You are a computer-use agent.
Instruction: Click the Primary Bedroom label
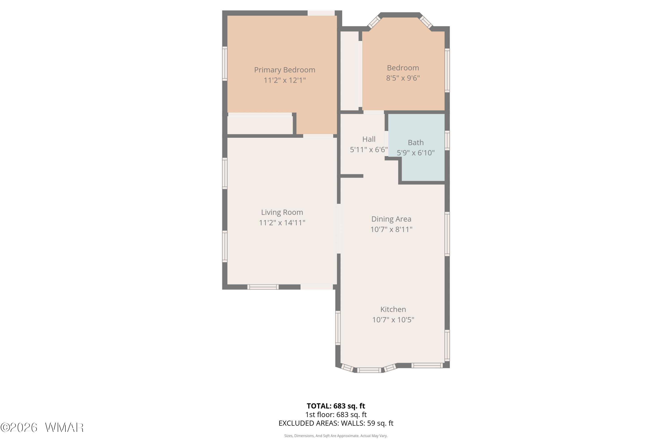coord(284,70)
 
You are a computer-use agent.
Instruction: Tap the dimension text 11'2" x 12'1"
coord(284,80)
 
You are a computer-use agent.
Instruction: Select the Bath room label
coord(416,142)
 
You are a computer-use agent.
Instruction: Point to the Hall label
coord(369,139)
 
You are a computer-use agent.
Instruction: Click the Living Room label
coord(282,212)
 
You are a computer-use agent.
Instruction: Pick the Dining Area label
coord(391,219)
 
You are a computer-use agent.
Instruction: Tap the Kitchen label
coord(393,309)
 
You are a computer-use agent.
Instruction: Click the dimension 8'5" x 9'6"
coord(403,78)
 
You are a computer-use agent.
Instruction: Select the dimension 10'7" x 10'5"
coord(393,319)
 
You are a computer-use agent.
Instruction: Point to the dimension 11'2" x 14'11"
coord(282,223)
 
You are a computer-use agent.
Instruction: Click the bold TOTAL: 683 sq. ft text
coord(336,406)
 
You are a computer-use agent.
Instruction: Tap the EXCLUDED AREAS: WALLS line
coord(336,423)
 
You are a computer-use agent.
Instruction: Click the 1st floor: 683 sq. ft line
coord(336,415)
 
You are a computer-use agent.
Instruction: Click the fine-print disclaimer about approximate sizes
coord(336,436)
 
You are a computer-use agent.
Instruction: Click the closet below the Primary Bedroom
coord(260,125)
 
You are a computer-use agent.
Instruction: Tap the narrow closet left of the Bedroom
coord(349,71)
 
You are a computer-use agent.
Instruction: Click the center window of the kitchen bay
coord(369,370)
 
